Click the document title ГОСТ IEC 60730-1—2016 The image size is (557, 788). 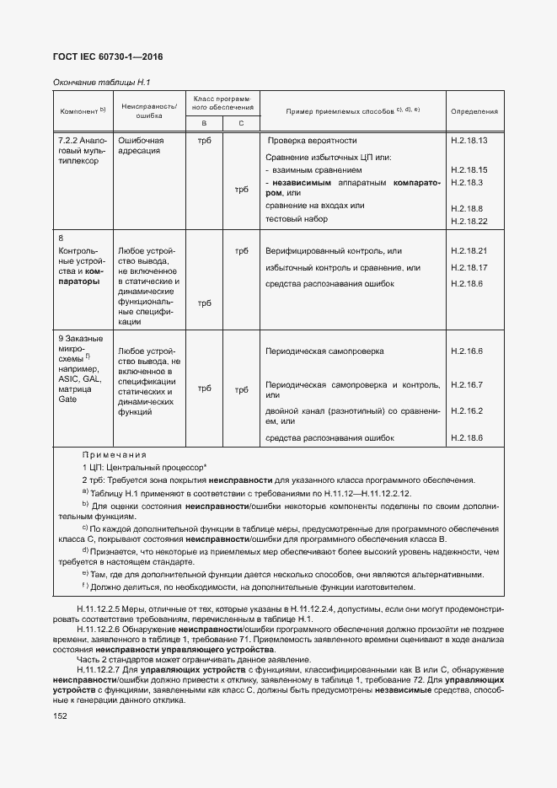pyautogui.click(x=109, y=57)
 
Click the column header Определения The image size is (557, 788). pyautogui.click(x=474, y=111)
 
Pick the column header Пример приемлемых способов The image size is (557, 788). pyautogui.click(x=353, y=111)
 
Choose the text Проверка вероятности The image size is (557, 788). pyautogui.click(x=312, y=141)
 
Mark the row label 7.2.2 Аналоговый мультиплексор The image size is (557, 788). pyautogui.click(x=81, y=150)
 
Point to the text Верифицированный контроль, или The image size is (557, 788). pyautogui.click(x=334, y=251)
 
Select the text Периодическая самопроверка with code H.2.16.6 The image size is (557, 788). pyautogui.click(x=324, y=351)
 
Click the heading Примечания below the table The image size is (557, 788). pyautogui.click(x=114, y=454)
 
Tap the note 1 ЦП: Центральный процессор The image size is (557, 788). pyautogui.click(x=145, y=466)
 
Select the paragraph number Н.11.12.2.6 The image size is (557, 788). pyautogui.click(x=102, y=629)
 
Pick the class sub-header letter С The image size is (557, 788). pyautogui.click(x=241, y=124)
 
